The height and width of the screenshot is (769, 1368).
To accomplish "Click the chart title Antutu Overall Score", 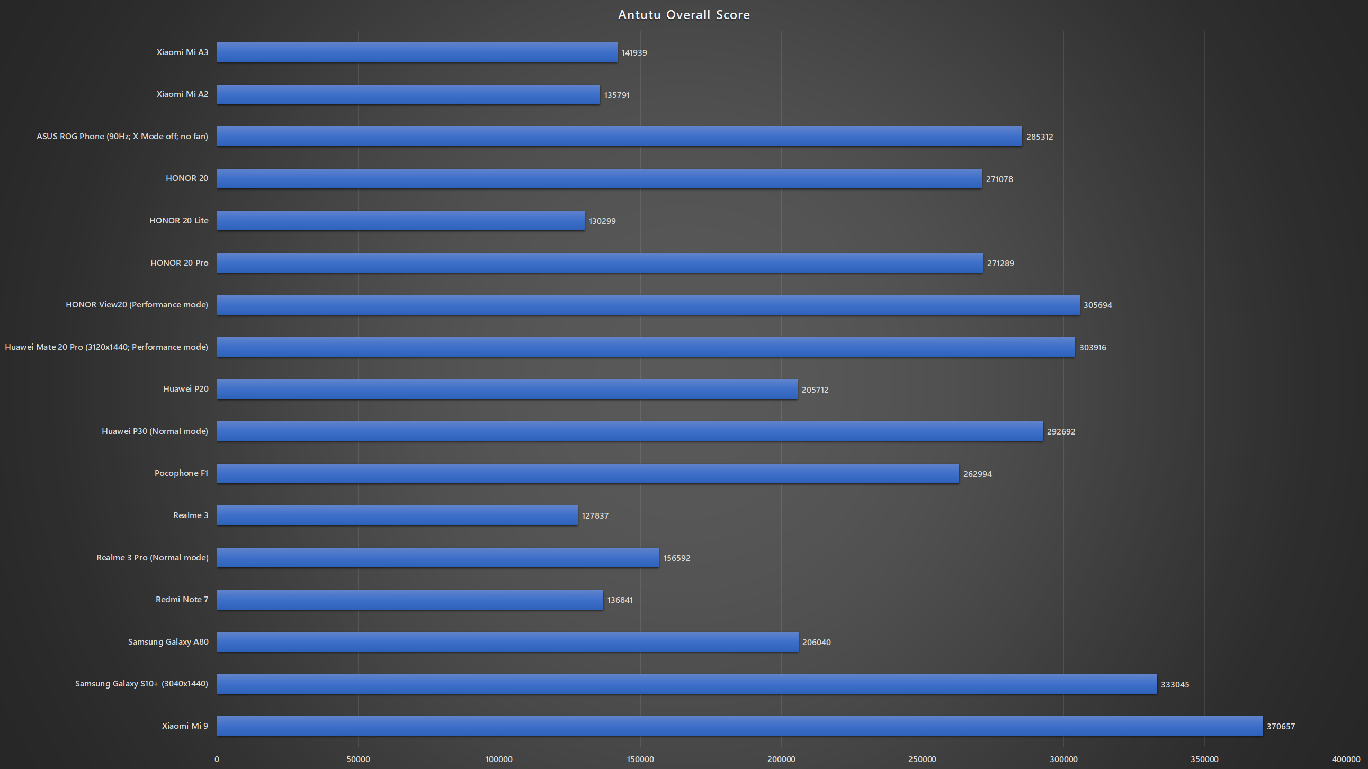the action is pos(683,15).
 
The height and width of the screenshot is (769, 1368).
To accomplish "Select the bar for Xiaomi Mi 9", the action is pos(740,726).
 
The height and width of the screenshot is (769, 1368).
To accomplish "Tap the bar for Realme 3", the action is pos(397,515).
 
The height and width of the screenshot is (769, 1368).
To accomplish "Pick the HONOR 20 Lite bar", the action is pos(401,220).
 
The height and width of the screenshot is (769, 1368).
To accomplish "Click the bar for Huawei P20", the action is pos(507,389).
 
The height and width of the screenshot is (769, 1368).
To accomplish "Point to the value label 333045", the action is pos(1175,685).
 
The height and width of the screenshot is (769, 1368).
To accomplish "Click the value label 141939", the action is pos(634,52).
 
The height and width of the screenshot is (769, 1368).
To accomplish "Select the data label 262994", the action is pos(977,474).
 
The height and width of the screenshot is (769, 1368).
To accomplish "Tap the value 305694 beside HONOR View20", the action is pos(1098,305).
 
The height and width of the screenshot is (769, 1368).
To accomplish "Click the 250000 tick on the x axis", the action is pos(922,759).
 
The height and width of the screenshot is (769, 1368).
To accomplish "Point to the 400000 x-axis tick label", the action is pos(1346,759).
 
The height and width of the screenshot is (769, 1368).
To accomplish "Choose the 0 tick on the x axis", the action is pos(217,759).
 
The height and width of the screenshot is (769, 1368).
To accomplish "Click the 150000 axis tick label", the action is pos(640,759).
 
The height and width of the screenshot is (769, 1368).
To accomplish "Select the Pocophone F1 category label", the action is pos(181,473).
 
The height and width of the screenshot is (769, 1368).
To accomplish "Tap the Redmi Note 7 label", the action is pos(182,599).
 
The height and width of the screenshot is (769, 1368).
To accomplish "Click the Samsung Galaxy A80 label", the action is pos(168,641).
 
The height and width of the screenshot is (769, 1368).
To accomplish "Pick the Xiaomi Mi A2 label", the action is pos(182,94).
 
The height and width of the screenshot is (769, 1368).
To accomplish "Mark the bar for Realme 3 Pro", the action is pos(438,557).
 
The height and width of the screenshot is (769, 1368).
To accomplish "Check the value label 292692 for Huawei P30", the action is pos(1061,431).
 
